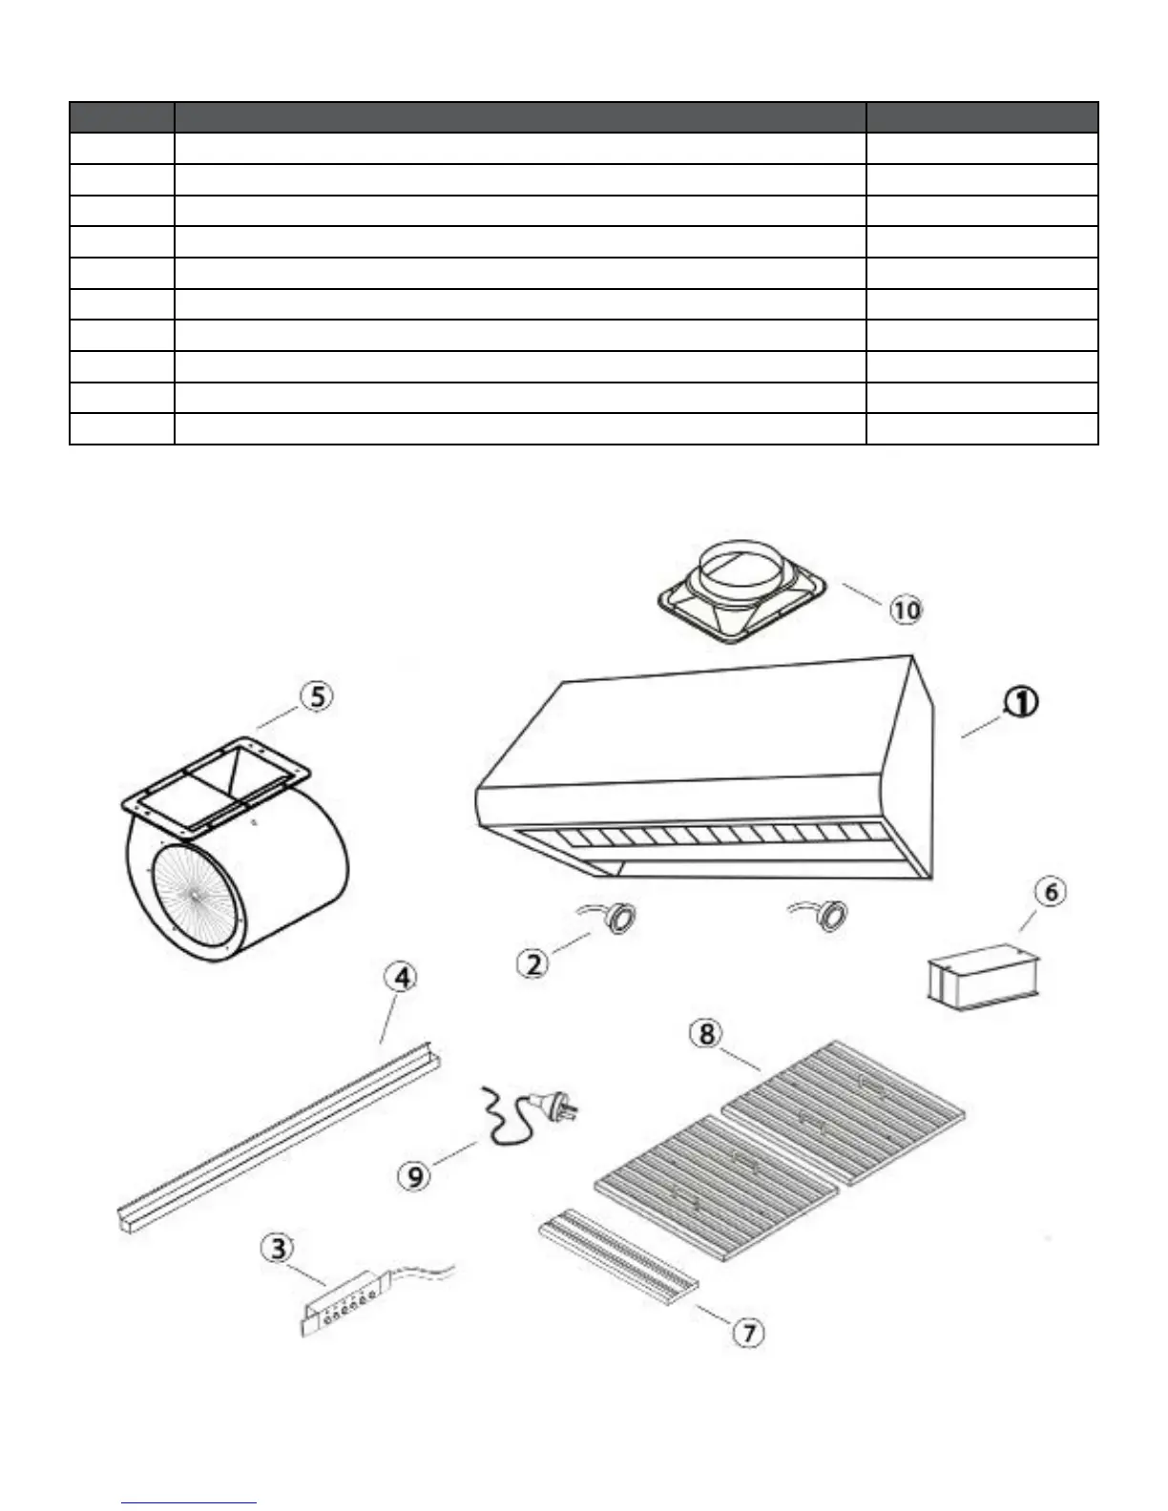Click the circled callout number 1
[x=1020, y=703]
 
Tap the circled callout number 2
[x=533, y=963]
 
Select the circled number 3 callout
[x=278, y=1249]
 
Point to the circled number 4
[x=402, y=978]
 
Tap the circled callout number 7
[x=749, y=1332]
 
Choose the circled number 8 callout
[x=706, y=1034]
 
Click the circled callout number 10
[x=907, y=609]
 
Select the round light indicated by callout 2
[x=622, y=918]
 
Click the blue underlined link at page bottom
[x=190, y=1502]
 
